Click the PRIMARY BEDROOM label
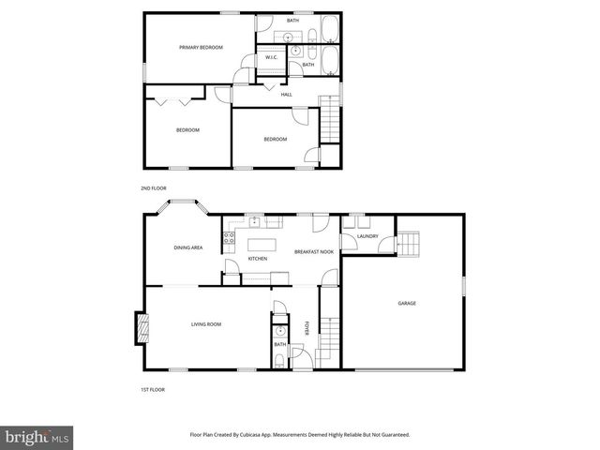click(202, 47)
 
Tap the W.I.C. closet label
click(270, 58)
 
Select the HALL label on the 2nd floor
click(286, 94)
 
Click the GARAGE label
click(407, 303)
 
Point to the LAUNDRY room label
click(367, 236)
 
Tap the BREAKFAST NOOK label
click(314, 252)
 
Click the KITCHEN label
click(258, 259)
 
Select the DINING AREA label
click(188, 247)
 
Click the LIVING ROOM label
click(206, 324)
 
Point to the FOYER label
click(307, 328)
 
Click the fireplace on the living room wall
click(141, 328)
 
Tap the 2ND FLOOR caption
click(153, 188)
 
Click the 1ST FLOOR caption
click(153, 389)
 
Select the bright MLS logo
click(37, 437)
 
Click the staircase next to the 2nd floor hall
click(328, 120)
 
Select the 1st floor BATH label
click(279, 344)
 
